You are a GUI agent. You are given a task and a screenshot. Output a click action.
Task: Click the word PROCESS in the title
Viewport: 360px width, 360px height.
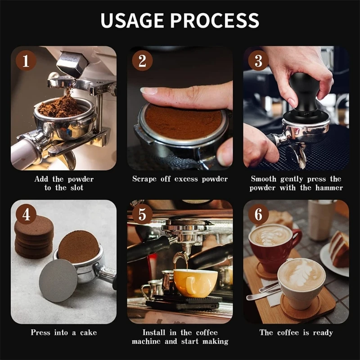coord(215,20)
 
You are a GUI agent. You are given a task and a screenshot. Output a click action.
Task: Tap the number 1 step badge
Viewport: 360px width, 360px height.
coord(26,60)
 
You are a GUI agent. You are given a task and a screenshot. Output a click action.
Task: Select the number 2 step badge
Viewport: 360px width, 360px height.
coord(142,60)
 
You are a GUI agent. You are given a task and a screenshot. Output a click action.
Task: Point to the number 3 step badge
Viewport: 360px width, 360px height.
coord(258,60)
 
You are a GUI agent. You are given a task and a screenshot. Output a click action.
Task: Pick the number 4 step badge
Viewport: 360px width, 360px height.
coord(26,214)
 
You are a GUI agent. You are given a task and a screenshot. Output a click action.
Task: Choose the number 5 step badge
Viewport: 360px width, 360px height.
coord(142,214)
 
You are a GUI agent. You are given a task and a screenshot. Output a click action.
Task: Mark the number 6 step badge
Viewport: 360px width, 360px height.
coord(258,214)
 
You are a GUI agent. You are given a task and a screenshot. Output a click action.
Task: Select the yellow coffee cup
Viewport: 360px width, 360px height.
coord(195,283)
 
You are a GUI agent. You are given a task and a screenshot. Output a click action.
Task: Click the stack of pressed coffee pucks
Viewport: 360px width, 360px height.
coord(34,237)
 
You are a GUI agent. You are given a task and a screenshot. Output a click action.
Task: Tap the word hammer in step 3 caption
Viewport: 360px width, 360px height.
coord(329,188)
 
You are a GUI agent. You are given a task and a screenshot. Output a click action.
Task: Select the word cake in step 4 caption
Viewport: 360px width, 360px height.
coord(88,333)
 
